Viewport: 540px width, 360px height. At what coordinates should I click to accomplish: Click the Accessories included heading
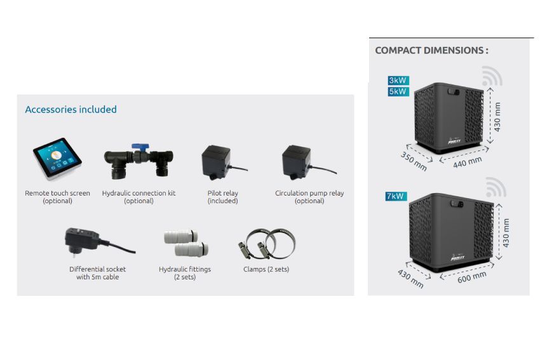pos(71,109)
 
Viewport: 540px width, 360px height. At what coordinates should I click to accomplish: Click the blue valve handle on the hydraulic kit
pos(138,147)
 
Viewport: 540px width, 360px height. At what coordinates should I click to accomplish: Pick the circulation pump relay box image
pos(296,162)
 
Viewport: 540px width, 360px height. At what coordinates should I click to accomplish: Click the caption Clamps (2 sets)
pos(266,269)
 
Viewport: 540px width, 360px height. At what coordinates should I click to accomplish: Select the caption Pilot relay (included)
pos(222,197)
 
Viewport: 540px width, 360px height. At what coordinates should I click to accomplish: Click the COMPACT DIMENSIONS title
pos(431,50)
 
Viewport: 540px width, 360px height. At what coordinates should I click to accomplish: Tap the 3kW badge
pos(398,81)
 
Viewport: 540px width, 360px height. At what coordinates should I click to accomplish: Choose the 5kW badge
pos(398,91)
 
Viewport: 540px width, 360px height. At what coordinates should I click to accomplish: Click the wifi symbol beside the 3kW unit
pos(492,76)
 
